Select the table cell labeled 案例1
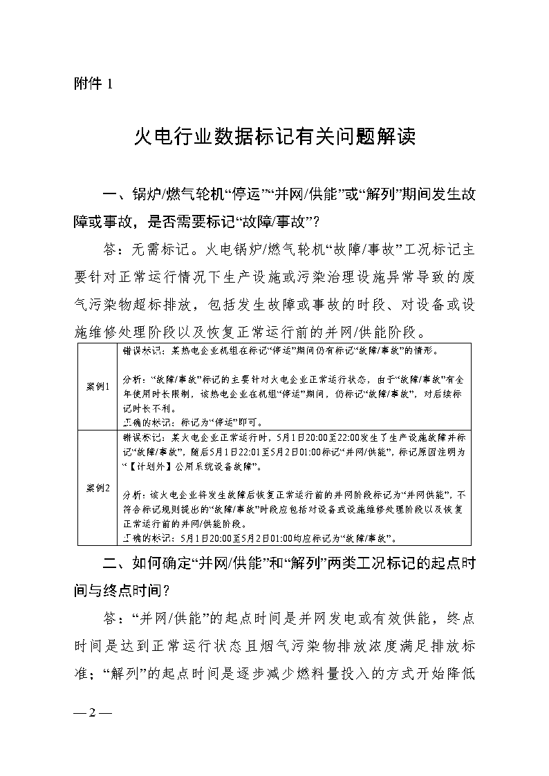point(98,386)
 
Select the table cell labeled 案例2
point(98,488)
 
